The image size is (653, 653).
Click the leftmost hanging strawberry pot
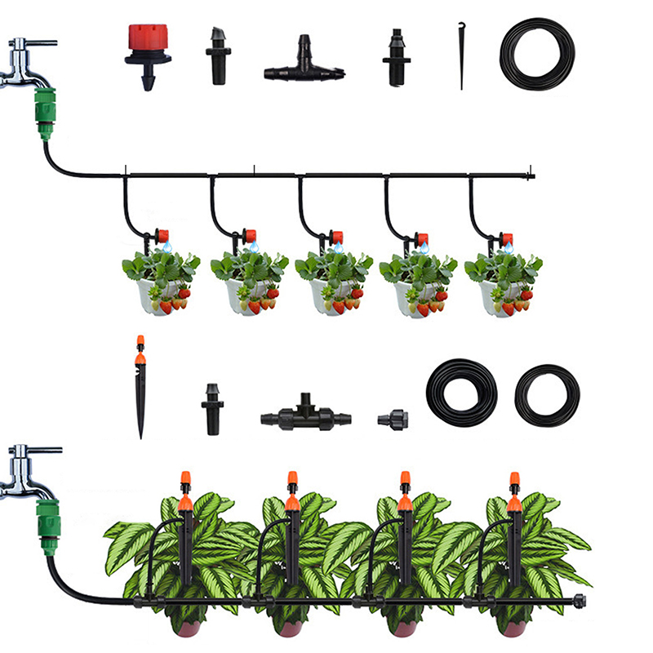pyautogui.click(x=161, y=286)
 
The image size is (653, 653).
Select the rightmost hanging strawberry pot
pyautogui.click(x=503, y=286)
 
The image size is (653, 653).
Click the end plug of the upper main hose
pyautogui.click(x=531, y=175)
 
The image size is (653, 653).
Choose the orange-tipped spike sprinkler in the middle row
pyautogui.click(x=140, y=384)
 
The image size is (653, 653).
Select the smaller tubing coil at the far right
pyautogui.click(x=547, y=395)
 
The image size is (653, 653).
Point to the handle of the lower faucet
pyautogui.click(x=37, y=450)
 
